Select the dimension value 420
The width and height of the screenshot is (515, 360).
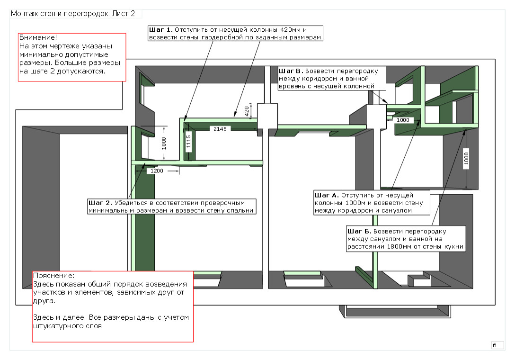pyautogui.click(x=246, y=111)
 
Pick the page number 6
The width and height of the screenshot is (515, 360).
pyautogui.click(x=495, y=345)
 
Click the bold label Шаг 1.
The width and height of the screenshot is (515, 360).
pyautogui.click(x=160, y=29)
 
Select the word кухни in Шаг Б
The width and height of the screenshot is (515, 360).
pyautogui.click(x=453, y=247)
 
